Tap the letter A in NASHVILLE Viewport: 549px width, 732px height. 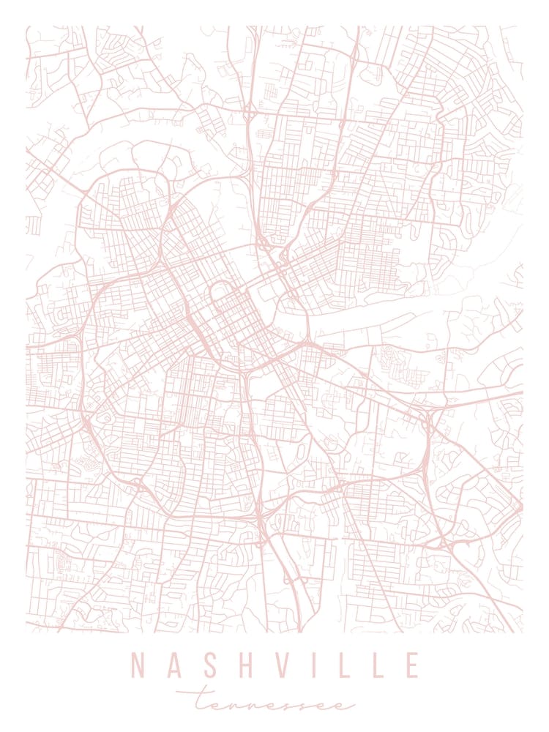pos(173,665)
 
